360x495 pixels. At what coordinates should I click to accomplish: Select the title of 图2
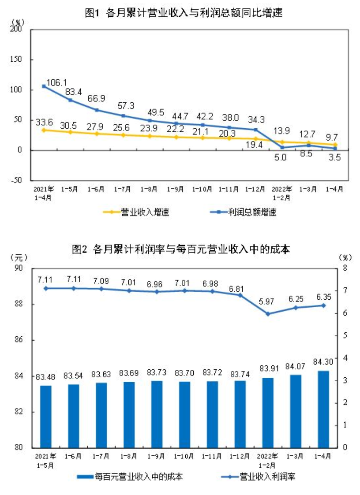coord(180,249)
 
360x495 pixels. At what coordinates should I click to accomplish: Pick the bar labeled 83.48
coord(46,416)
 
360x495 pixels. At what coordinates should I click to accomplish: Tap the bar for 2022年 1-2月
coord(267,412)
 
